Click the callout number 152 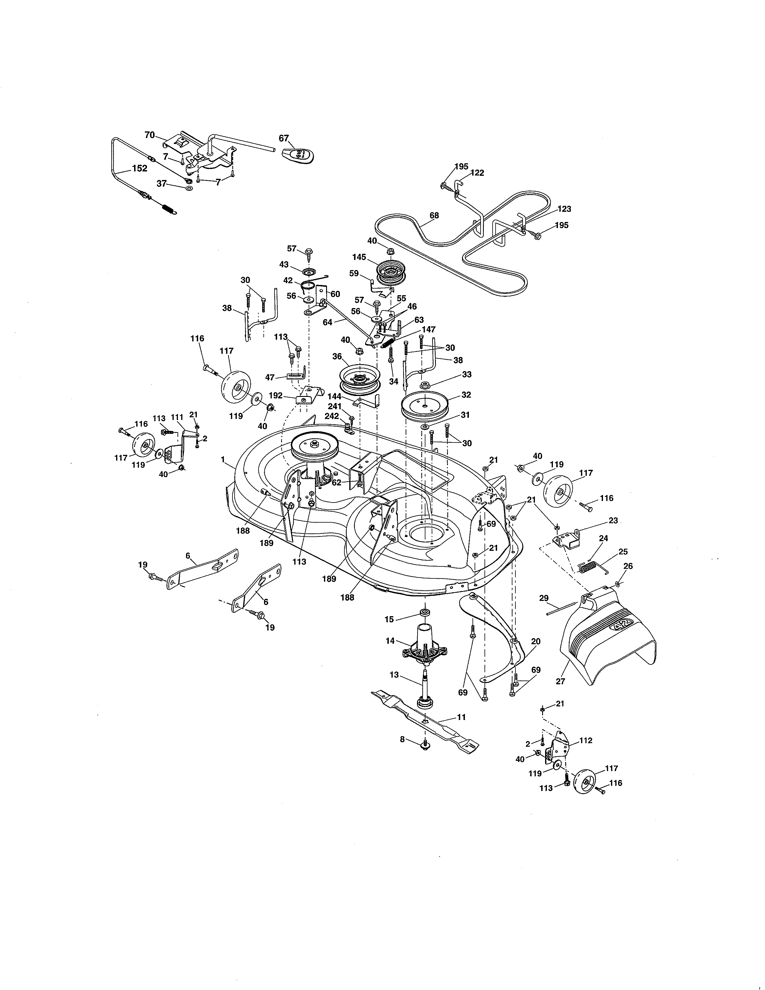(x=139, y=168)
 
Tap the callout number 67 (x=284, y=138)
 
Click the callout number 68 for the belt (x=434, y=215)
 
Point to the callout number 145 (x=358, y=257)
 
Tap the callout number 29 (x=544, y=598)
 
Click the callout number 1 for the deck (x=223, y=459)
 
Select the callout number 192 (x=275, y=395)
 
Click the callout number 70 (x=150, y=135)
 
